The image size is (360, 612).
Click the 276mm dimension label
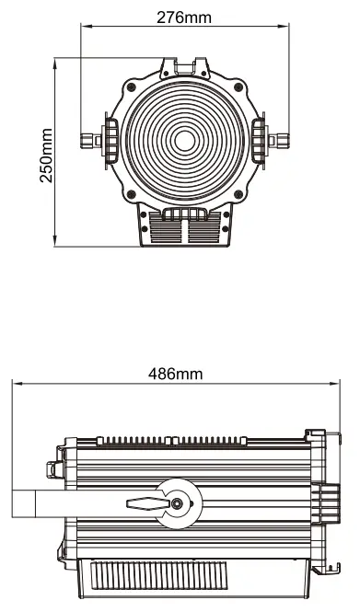click(x=184, y=17)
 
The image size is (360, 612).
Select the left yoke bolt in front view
click(x=89, y=141)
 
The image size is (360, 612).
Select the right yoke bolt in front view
click(x=279, y=141)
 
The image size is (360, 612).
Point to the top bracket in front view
click(x=184, y=68)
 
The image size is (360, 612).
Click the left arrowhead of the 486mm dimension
click(x=15, y=385)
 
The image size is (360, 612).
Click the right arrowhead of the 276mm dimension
click(x=284, y=29)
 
